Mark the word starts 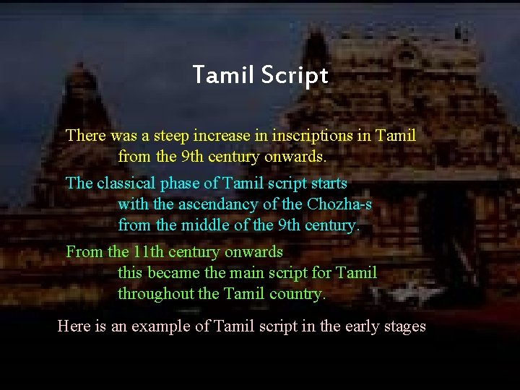click(x=328, y=183)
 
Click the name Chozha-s click(x=339, y=204)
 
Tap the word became click(x=174, y=273)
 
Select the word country click(x=298, y=294)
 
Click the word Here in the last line click(x=74, y=326)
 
